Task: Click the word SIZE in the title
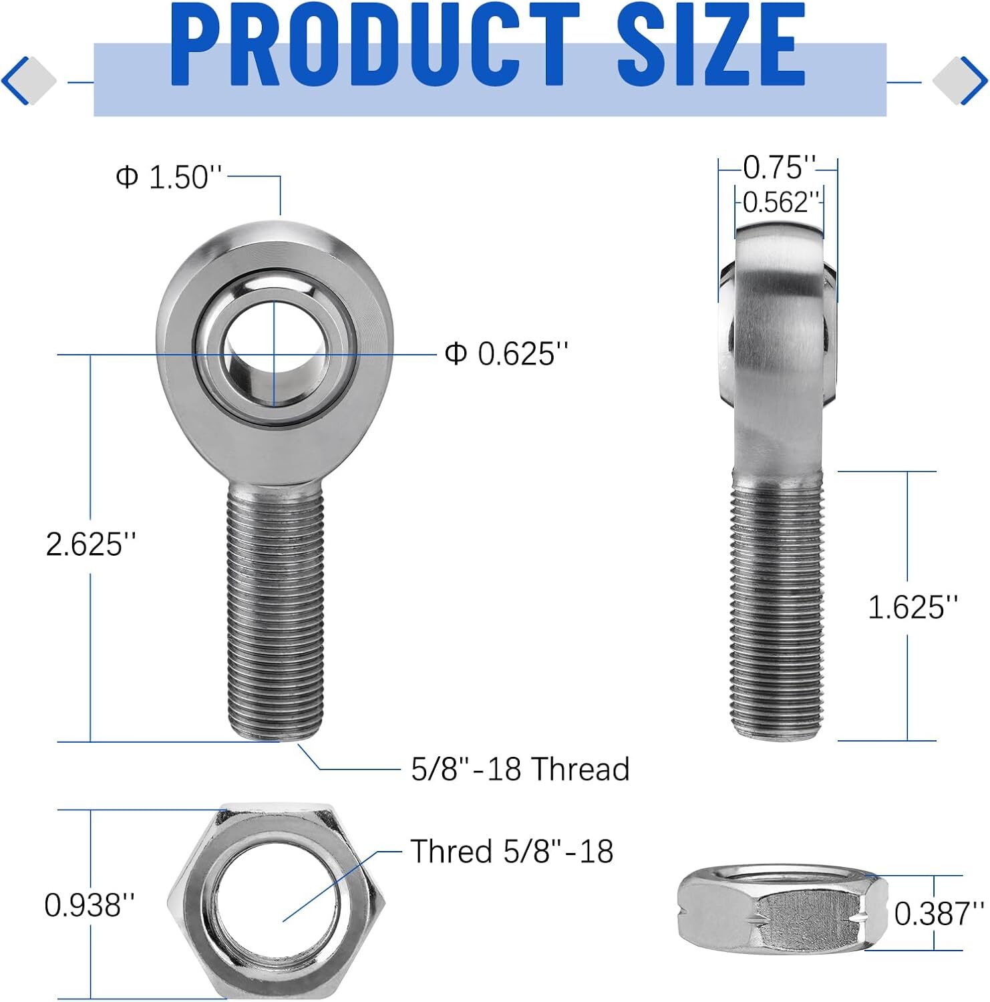pos(711,45)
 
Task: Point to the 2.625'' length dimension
pos(92,544)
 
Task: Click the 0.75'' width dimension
pos(779,168)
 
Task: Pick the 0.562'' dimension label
pos(780,202)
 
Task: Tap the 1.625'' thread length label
pos(913,607)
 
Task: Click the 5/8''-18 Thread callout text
pos(520,770)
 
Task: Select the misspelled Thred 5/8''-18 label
pos(512,852)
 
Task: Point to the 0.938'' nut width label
pos(90,906)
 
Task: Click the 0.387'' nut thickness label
pos(939,914)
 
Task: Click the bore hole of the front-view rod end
pos(275,353)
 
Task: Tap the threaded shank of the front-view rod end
pos(275,608)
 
